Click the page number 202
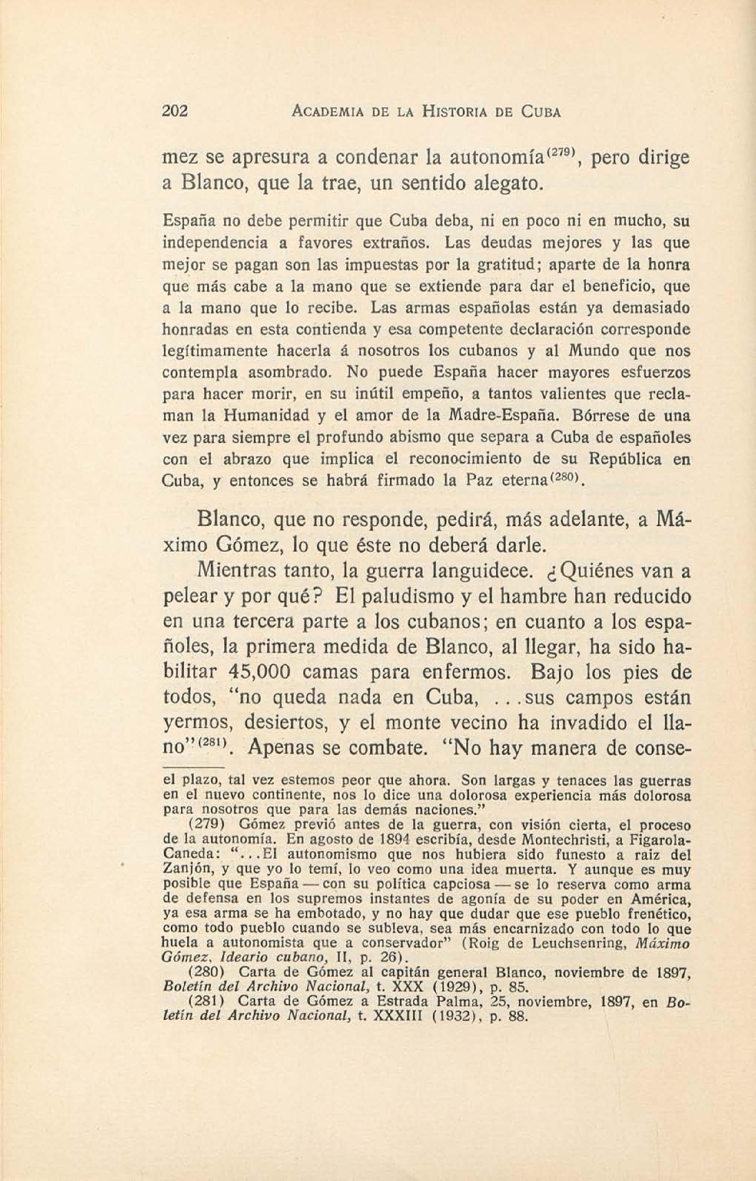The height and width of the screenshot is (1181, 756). pyautogui.click(x=175, y=112)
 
